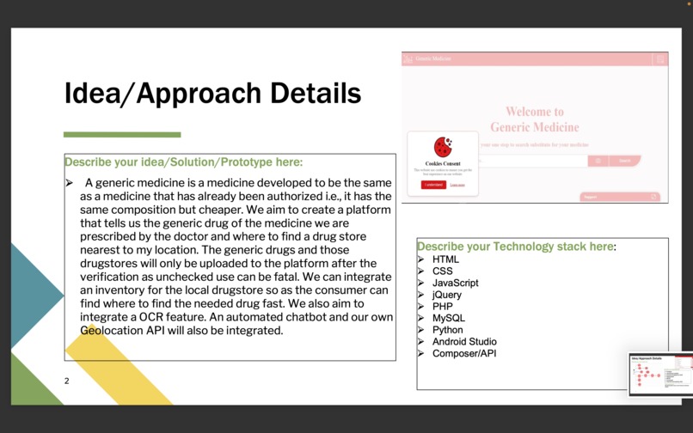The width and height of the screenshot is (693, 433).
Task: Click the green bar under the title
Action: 122,134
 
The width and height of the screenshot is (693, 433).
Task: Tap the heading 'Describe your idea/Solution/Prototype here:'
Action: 183,162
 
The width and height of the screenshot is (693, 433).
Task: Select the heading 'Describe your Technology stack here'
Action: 515,247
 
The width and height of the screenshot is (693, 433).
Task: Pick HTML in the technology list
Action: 445,259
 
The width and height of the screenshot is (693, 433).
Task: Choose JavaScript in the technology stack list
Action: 455,283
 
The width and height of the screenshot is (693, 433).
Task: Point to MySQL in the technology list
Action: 448,318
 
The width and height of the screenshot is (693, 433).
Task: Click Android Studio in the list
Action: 464,341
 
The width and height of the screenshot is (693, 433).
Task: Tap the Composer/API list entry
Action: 464,353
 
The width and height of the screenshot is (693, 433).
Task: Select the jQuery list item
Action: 446,295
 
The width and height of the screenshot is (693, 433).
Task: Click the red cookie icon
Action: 443,147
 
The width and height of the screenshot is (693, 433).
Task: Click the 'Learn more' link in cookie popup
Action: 457,185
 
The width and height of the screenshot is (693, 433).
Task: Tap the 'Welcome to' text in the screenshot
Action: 534,112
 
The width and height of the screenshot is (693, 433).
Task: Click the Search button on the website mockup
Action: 625,161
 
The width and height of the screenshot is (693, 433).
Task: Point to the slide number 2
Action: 66,380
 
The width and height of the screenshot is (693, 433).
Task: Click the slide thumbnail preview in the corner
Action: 660,374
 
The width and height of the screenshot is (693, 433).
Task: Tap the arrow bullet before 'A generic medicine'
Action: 70,183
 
